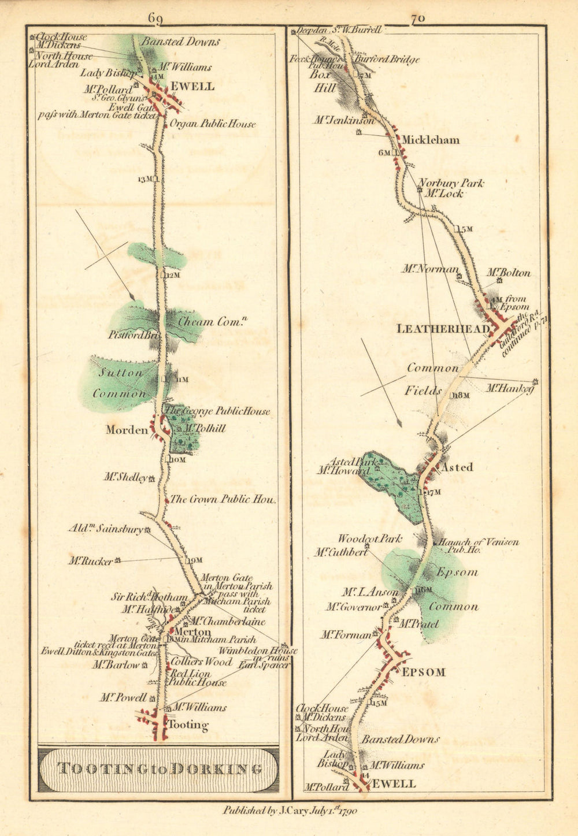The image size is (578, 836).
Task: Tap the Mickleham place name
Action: [x=431, y=140]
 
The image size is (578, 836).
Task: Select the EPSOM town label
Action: [x=424, y=672]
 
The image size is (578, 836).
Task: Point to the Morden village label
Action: [x=127, y=430]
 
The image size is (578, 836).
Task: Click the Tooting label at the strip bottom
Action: [x=187, y=724]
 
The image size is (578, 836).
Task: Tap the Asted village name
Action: [x=457, y=467]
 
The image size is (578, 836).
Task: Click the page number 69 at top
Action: [x=155, y=18]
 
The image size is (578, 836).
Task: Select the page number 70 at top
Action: [x=417, y=18]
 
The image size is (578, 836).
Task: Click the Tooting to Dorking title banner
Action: [x=158, y=769]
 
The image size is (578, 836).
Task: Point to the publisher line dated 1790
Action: [x=290, y=811]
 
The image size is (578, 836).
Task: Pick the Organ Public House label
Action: [x=212, y=124]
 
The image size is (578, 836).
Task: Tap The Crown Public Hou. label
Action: [x=223, y=499]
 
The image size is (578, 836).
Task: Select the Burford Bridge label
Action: [x=387, y=59]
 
